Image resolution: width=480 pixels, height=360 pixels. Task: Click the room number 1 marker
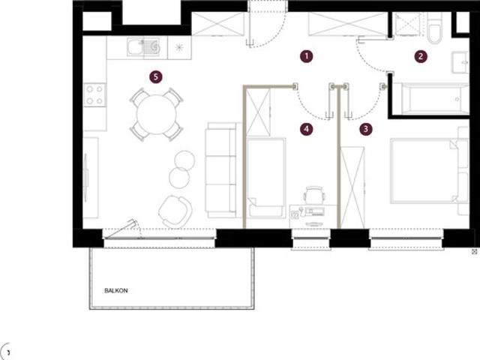(307, 56)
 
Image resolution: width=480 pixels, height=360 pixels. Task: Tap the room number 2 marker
(421, 56)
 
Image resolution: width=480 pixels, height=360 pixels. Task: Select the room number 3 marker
(366, 129)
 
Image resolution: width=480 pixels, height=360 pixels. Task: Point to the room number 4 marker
(307, 129)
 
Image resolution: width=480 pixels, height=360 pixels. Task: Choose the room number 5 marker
(156, 76)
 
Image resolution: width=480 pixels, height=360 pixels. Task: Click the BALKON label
(116, 290)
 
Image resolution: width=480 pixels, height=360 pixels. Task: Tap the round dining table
(156, 115)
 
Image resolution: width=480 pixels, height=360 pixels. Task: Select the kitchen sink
(143, 46)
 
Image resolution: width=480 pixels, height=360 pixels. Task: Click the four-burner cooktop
(94, 95)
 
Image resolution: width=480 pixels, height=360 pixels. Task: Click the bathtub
(430, 98)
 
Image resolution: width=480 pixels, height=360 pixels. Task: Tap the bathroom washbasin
(460, 62)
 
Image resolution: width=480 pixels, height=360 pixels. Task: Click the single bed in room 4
(266, 178)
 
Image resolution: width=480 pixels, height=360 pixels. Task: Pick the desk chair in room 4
(314, 194)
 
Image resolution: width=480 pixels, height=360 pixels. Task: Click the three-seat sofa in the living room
(221, 170)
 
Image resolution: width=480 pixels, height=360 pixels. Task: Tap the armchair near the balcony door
(175, 211)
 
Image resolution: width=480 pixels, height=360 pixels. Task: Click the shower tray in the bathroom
(407, 24)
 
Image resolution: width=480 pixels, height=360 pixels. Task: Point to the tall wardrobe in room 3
(352, 187)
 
